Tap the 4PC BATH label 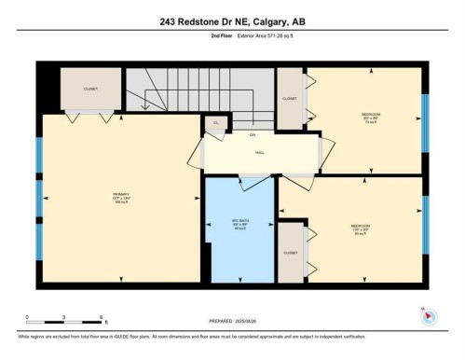[x=239, y=222]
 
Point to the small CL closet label [x=215, y=122]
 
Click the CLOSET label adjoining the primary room [x=90, y=89]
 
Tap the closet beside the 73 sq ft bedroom [x=290, y=98]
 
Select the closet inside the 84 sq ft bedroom [x=290, y=252]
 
